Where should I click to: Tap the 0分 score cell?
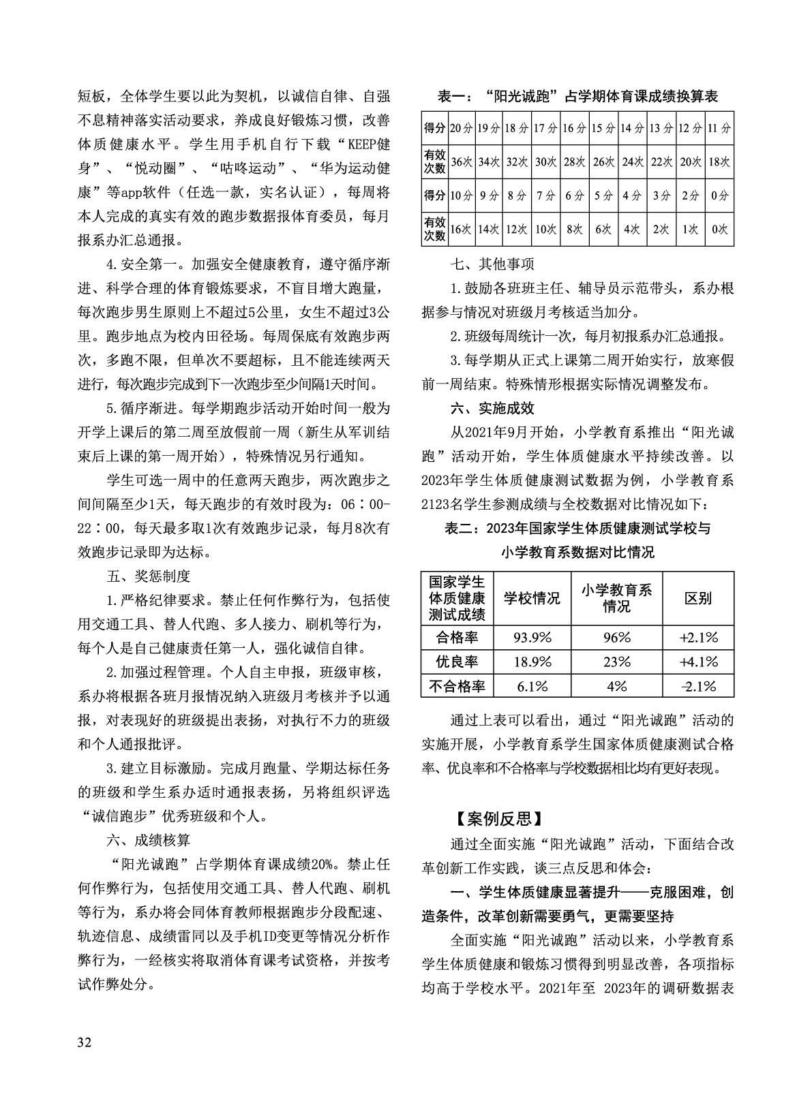719,196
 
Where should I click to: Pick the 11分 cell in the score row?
719,128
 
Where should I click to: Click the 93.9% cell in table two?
532,637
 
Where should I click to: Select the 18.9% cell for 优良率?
532,661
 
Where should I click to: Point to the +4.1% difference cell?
698,661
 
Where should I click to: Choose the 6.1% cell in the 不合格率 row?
532,685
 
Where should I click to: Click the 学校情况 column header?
532,598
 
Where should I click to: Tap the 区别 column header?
698,598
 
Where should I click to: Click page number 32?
85,1042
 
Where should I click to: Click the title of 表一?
577,97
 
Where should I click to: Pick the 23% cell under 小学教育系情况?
616,661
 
